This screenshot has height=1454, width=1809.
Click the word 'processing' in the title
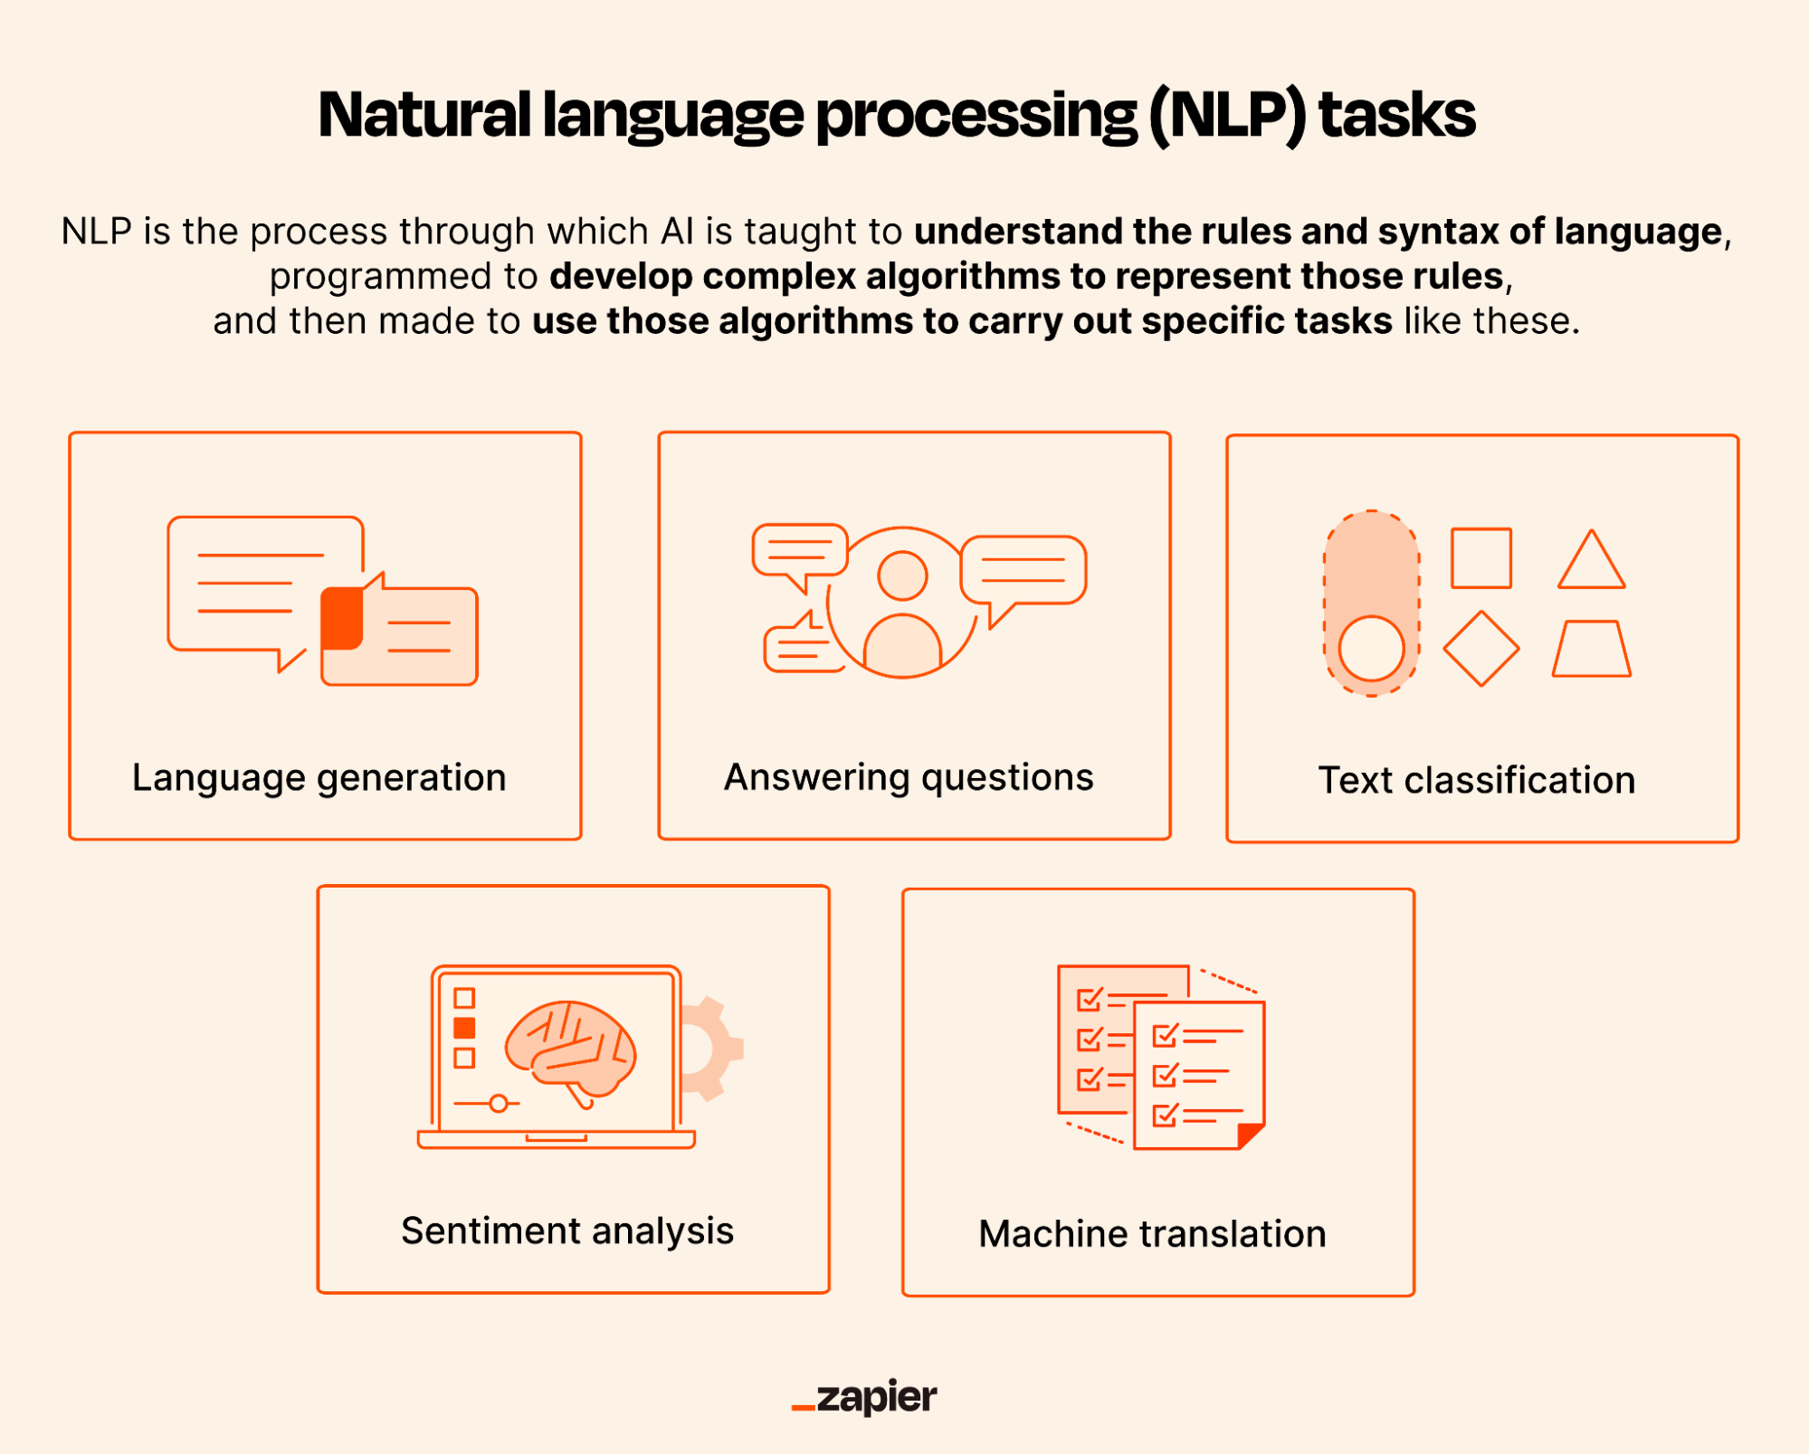[976, 116]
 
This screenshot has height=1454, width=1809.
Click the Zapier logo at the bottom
[865, 1397]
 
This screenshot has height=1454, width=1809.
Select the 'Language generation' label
[319, 778]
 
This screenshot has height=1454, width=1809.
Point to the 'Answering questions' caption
[909, 778]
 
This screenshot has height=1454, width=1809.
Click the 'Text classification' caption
[1476, 781]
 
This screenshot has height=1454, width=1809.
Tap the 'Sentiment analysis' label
[567, 1231]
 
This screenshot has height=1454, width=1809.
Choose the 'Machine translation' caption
[1152, 1234]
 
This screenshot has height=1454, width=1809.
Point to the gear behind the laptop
[715, 1050]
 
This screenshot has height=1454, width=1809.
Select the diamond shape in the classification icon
[1481, 649]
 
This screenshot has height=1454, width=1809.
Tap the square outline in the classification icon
[1481, 558]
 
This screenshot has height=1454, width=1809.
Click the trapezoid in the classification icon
[1591, 650]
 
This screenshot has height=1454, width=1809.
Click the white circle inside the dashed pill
[1371, 649]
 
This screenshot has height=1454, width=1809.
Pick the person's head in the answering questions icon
[902, 575]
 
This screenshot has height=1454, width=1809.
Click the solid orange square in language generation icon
[342, 618]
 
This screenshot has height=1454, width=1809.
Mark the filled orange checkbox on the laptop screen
[464, 1028]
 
